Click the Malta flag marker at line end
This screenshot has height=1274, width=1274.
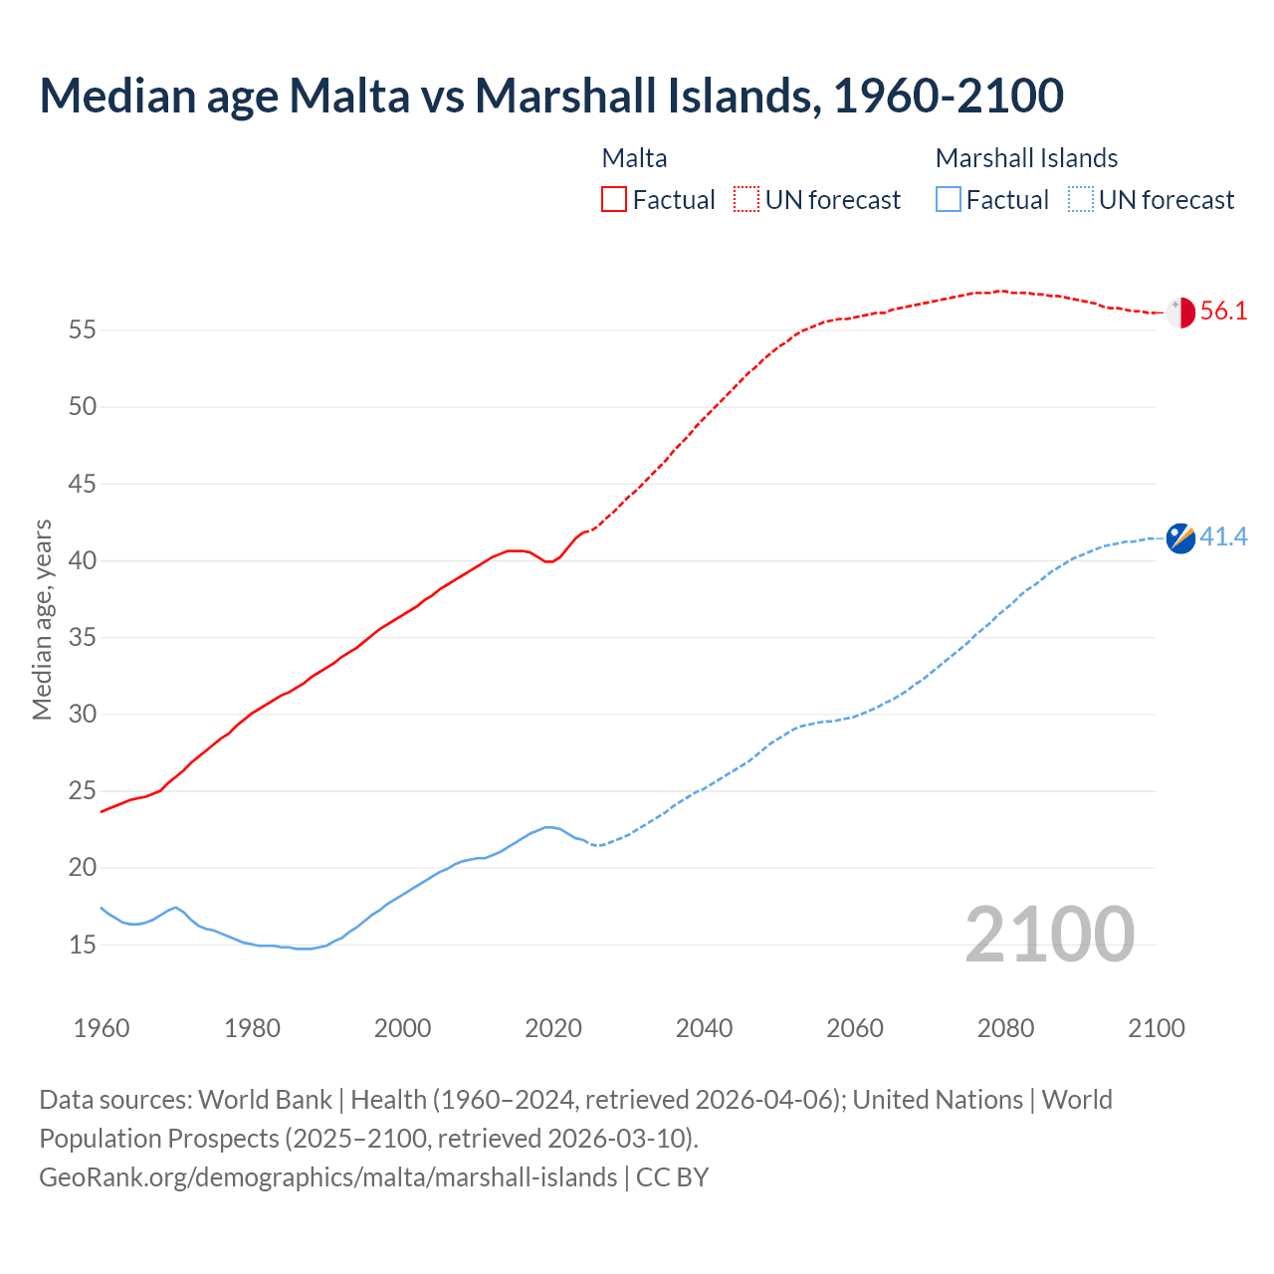pos(1180,313)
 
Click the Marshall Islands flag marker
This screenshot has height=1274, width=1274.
pos(1180,538)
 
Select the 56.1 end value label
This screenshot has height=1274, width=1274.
pos(1223,312)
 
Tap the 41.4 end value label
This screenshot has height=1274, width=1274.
pos(1223,537)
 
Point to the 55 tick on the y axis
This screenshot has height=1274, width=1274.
pos(83,329)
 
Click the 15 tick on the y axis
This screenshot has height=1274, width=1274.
pos(83,945)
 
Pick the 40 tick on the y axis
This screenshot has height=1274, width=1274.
pos(83,560)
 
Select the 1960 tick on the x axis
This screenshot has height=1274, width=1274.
pos(102,1028)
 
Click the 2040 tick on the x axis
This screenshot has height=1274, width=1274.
pos(704,1028)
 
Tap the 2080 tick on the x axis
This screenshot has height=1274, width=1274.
pos(1005,1028)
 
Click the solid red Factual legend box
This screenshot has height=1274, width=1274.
pos(614,200)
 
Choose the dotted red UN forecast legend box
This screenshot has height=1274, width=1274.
pos(746,200)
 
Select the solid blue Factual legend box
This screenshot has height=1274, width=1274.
pos(949,200)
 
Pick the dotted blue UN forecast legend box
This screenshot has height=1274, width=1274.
pos(1080,200)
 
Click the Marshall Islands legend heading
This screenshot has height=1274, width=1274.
pos(1026,158)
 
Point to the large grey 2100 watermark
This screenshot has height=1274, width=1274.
pos(1049,934)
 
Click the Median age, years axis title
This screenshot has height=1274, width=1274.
pos(42,619)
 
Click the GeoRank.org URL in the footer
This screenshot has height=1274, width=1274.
pos(327,1177)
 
